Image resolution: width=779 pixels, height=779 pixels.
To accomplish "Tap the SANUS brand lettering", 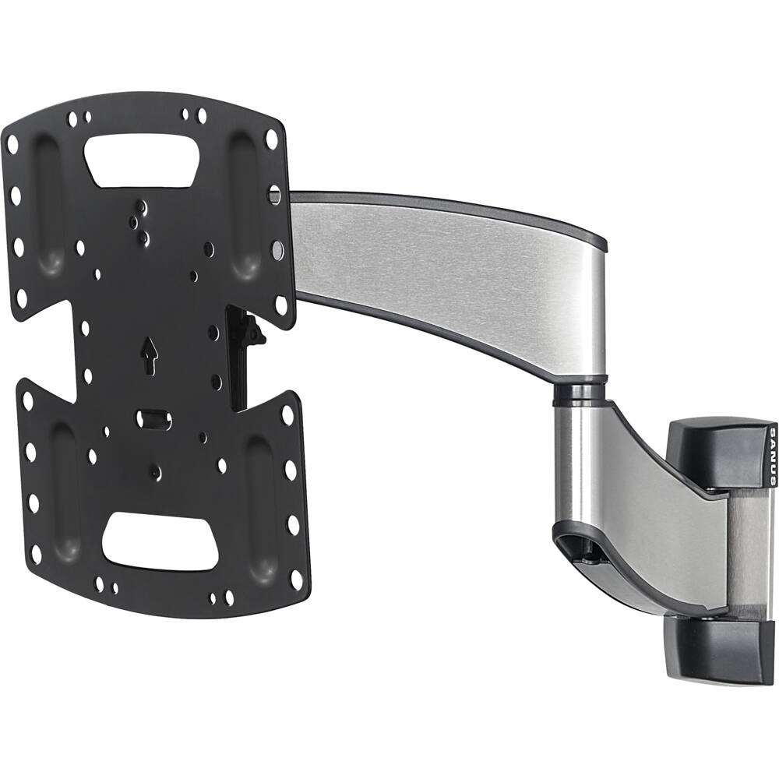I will [771, 456].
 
